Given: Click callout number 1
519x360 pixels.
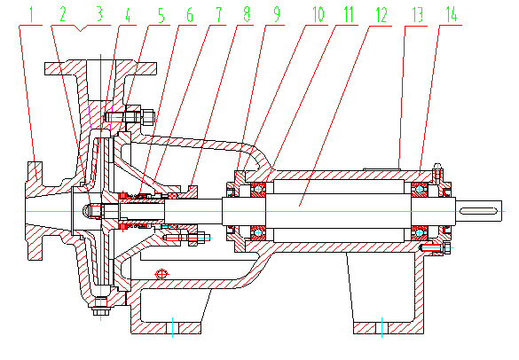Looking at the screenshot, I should pyautogui.click(x=33, y=14).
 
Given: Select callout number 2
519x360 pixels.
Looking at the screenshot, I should pyautogui.click(x=63, y=14).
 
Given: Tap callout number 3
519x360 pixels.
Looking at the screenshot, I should pyautogui.click(x=98, y=14).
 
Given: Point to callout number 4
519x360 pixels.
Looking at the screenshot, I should pyautogui.click(x=131, y=14).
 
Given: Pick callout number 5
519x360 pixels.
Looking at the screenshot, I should pyautogui.click(x=161, y=14).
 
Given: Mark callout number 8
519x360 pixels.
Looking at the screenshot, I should pyautogui.click(x=248, y=14).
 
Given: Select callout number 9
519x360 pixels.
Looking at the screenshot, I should pyautogui.click(x=278, y=14).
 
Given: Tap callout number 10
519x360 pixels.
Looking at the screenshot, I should pyautogui.click(x=315, y=14).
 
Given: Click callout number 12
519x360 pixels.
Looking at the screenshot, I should pyautogui.click(x=381, y=14).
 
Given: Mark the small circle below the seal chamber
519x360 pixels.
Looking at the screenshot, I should pyautogui.click(x=161, y=272).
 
